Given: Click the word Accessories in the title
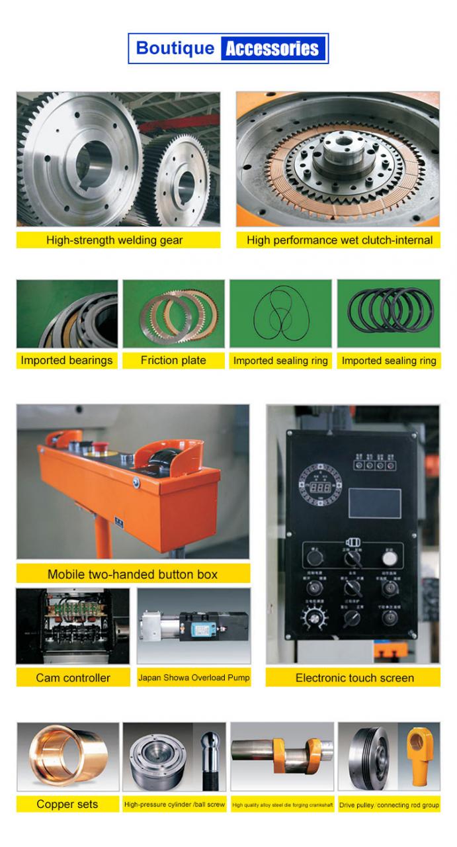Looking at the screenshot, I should pyautogui.click(x=272, y=49).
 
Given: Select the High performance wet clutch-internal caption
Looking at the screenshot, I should pyautogui.click(x=339, y=240).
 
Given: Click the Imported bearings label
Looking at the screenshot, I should pyautogui.click(x=67, y=361).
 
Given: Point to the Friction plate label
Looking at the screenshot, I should pyautogui.click(x=173, y=361).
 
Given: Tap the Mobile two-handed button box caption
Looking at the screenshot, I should pyautogui.click(x=132, y=574).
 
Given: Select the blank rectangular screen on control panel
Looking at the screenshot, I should pyautogui.click(x=374, y=503).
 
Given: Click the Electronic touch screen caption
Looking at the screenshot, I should pyautogui.click(x=354, y=678).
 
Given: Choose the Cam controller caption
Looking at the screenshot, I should pyautogui.click(x=73, y=678).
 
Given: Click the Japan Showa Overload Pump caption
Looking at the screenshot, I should pyautogui.click(x=194, y=678).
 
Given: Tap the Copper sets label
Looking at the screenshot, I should pyautogui.click(x=67, y=805).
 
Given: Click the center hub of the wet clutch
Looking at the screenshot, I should pyautogui.click(x=341, y=154).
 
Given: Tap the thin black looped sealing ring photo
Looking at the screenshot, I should pyautogui.click(x=280, y=316).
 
